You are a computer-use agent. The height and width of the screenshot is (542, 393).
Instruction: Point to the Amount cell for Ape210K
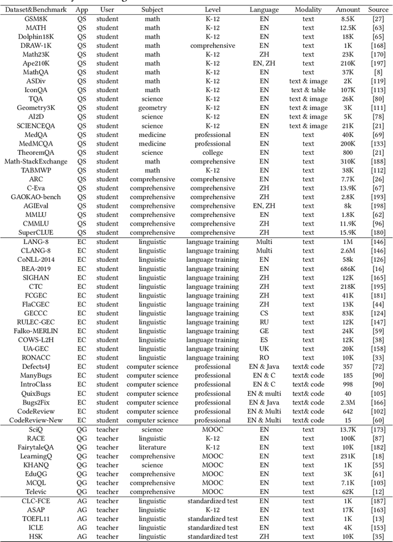coord(348,63)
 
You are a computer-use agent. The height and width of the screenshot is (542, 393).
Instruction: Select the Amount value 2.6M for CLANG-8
coord(348,251)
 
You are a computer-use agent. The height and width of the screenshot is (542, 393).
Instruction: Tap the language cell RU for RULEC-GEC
coord(264,322)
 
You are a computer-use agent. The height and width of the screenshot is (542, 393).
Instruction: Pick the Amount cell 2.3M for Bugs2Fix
coord(348,403)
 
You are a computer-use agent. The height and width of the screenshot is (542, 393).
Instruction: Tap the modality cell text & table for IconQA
coord(308,90)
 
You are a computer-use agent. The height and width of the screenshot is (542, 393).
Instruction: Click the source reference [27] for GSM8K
coord(378,19)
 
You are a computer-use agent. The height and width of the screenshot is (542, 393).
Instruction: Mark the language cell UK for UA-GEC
coord(264,349)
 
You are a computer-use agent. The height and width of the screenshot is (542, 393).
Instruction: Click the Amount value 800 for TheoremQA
coord(348,152)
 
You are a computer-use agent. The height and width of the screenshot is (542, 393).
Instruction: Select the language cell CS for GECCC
coord(264,313)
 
